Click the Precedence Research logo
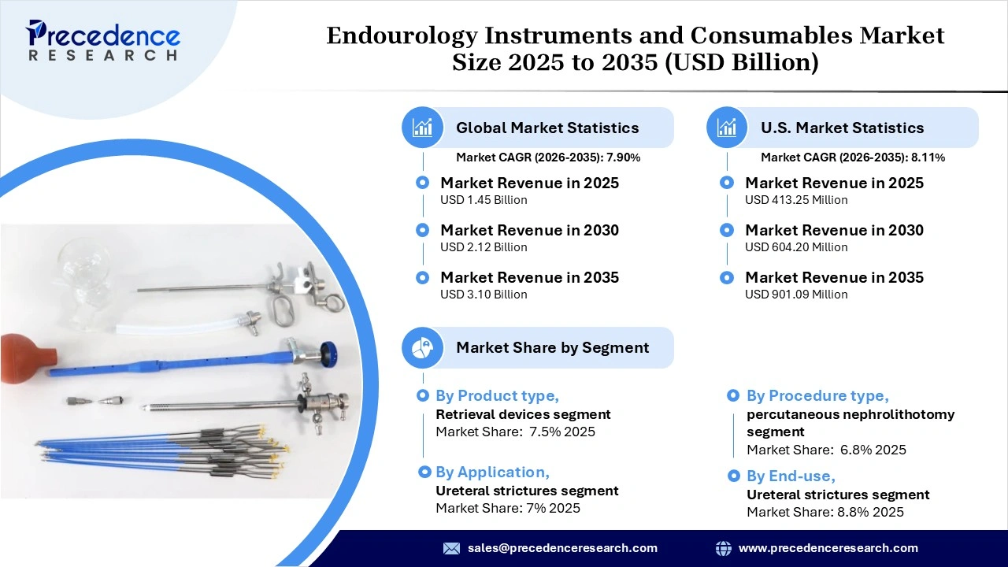point(103,41)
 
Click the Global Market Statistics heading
point(547,128)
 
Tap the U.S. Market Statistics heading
point(842,128)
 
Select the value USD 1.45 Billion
point(484,200)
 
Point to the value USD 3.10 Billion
point(484,295)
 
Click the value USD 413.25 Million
point(796,200)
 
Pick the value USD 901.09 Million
point(796,295)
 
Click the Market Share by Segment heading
point(552,347)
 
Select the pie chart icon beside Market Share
point(423,347)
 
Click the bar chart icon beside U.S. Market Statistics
point(728,128)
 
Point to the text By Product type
point(497,395)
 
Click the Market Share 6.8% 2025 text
point(826,450)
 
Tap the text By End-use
point(791,476)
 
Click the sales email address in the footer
point(562,548)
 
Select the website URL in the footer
point(828,548)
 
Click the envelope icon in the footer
point(451,548)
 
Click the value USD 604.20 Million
point(796,247)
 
